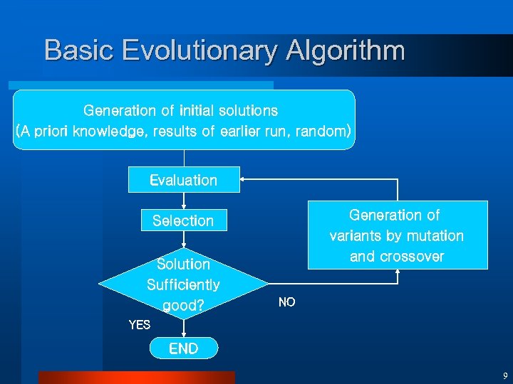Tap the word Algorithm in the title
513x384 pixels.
tap(346, 50)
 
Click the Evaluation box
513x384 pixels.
tap(184, 180)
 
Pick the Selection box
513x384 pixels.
tap(183, 220)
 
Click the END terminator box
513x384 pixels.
tap(184, 348)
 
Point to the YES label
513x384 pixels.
tap(140, 325)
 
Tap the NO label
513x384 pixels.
tap(286, 303)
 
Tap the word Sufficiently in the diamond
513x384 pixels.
tap(183, 285)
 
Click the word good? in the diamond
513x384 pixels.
tap(183, 306)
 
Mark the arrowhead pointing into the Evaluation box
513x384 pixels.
tap(244, 179)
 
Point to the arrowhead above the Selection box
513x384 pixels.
tap(184, 207)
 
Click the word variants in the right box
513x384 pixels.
tap(356, 235)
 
